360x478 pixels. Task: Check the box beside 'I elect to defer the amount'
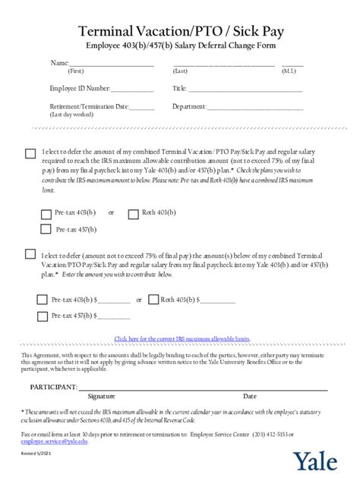(x=30, y=153)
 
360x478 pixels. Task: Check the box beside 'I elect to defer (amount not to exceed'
(x=30, y=254)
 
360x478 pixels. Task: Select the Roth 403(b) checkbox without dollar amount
(x=134, y=213)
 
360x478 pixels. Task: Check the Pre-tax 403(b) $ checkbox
(x=43, y=300)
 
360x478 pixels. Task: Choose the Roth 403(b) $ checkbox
(x=153, y=300)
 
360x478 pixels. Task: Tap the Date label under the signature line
(x=249, y=396)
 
